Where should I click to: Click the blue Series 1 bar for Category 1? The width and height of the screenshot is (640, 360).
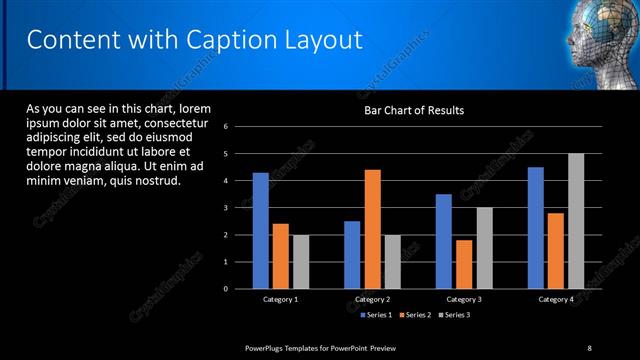pos(260,231)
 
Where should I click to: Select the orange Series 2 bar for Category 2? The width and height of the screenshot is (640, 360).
pos(372,229)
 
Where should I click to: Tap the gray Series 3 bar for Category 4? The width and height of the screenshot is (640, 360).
pos(575,221)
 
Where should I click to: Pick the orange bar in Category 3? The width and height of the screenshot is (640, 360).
pos(464,264)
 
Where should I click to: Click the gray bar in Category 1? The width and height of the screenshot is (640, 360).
pos(301,262)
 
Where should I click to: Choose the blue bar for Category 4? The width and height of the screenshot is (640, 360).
pos(535,228)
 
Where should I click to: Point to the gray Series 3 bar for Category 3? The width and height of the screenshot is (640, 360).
pos(484,248)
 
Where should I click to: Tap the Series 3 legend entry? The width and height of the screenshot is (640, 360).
pos(454,315)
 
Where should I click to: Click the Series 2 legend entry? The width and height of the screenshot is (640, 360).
pos(415,315)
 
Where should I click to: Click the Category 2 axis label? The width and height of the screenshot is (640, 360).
pos(372,299)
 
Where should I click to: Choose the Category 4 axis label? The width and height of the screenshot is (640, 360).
pos(556,299)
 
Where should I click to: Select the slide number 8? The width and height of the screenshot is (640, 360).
pos(589,347)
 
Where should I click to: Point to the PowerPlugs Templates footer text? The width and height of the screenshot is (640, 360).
pos(320,347)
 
